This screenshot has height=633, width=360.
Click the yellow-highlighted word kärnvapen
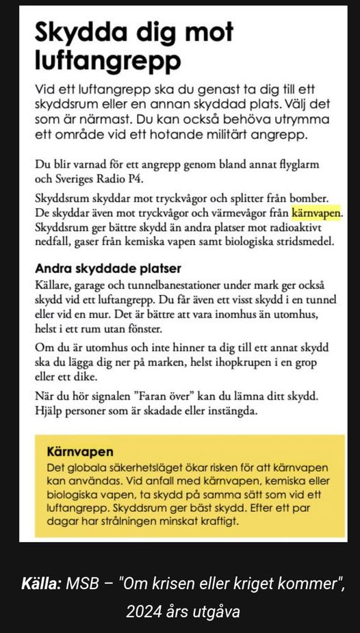316,213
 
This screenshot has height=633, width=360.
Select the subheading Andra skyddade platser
107,269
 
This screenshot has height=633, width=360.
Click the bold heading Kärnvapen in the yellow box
80,452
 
